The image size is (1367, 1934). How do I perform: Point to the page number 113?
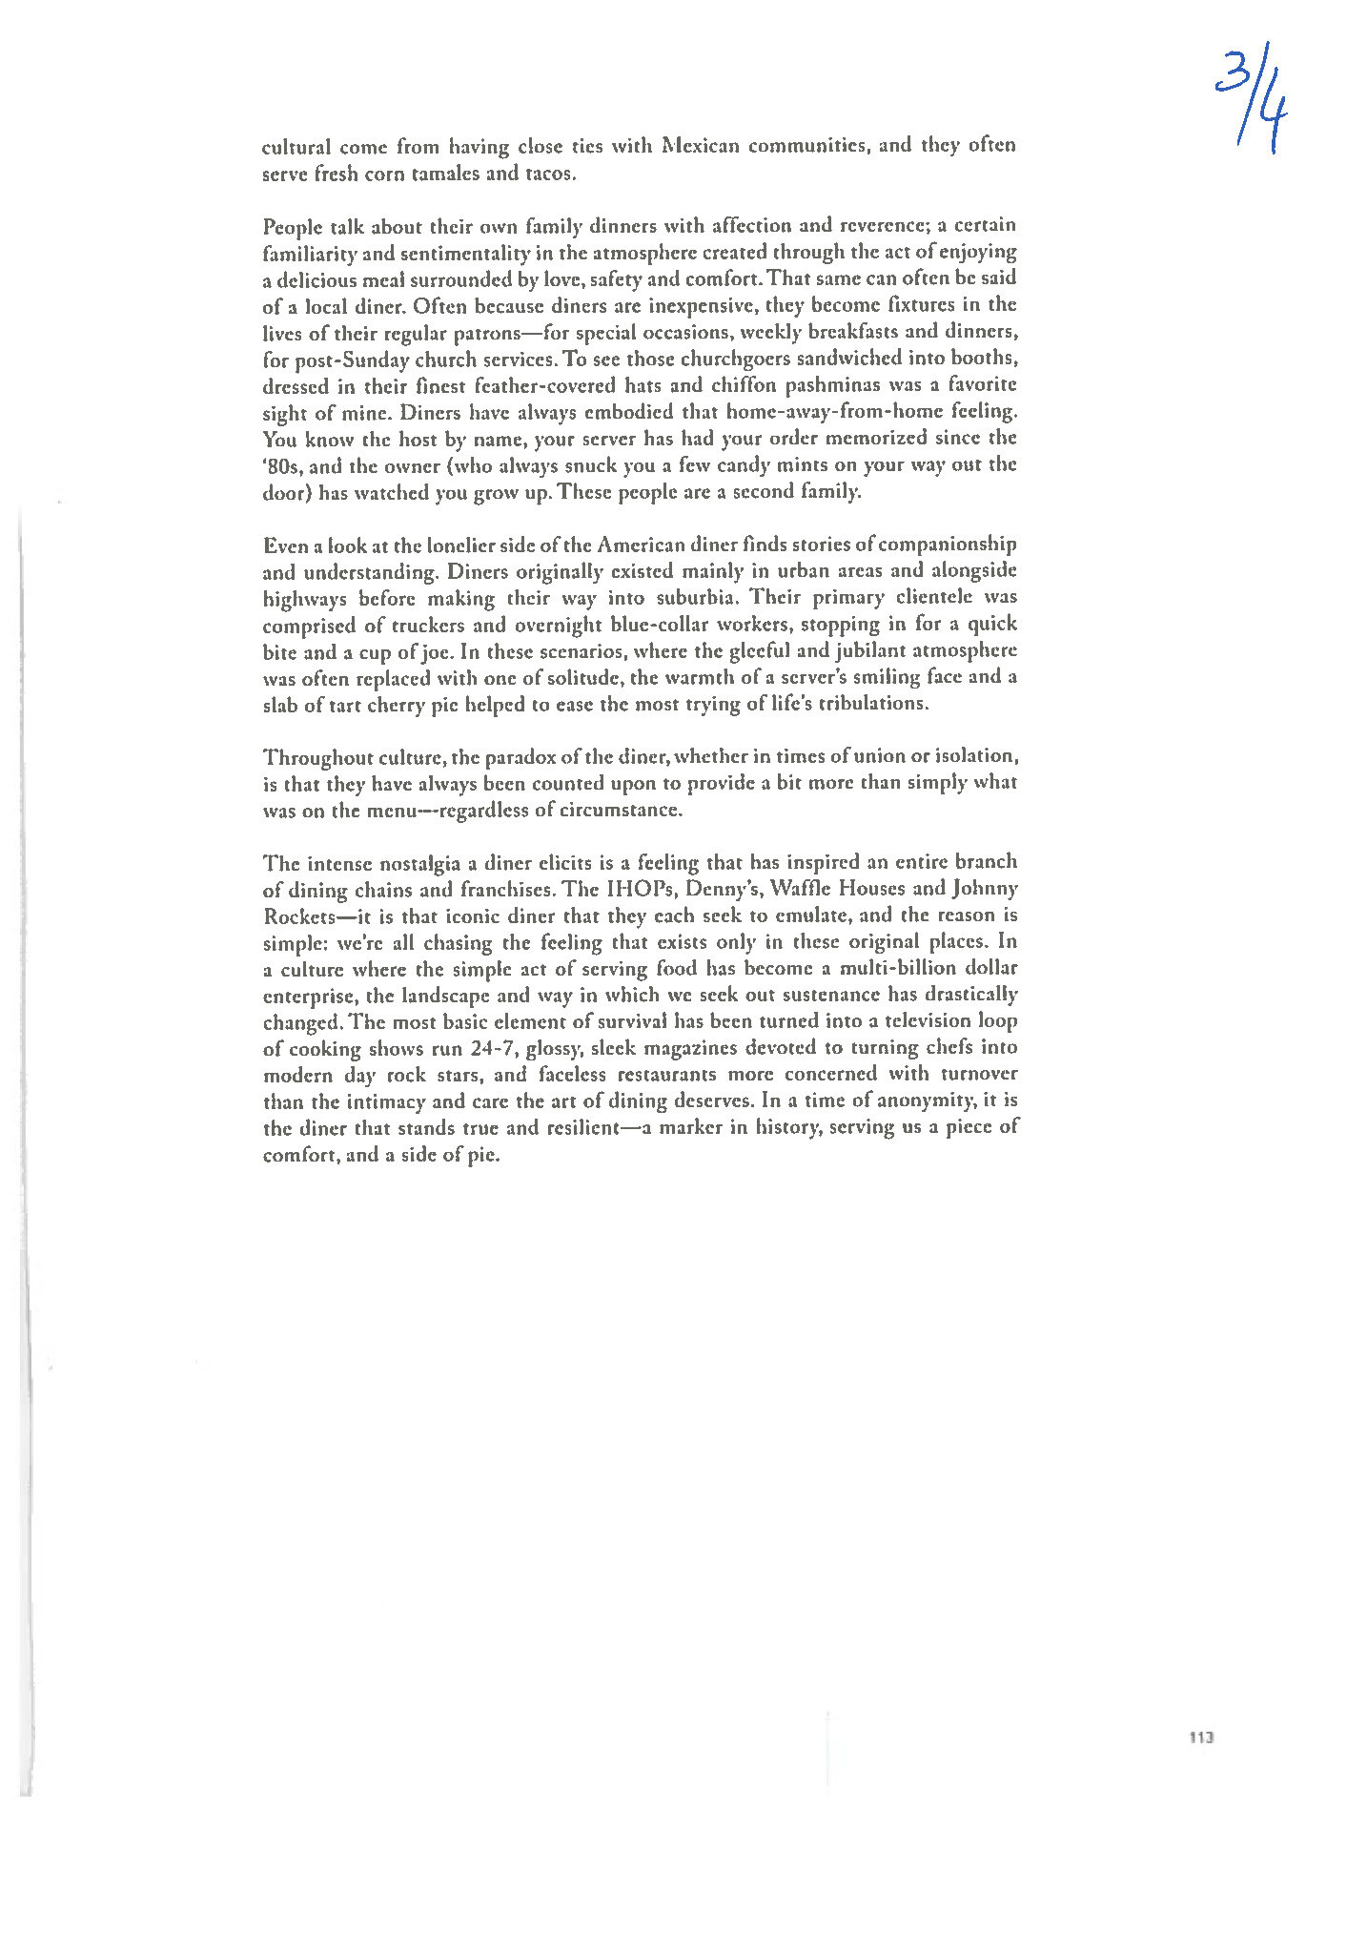coord(1200,1737)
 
